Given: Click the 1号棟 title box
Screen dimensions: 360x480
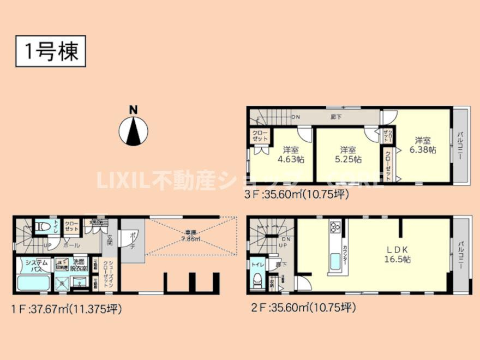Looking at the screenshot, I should pyautogui.click(x=50, y=51).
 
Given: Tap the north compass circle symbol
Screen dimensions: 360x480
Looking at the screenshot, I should pyautogui.click(x=133, y=131).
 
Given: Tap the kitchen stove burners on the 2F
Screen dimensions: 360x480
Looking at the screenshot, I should pyautogui.click(x=334, y=228).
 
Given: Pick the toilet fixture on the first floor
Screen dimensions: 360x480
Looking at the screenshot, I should pyautogui.click(x=41, y=225).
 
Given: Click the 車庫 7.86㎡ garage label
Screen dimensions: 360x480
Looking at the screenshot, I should pyautogui.click(x=191, y=236).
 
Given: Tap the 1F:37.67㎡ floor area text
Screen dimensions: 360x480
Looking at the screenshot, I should pyautogui.click(x=67, y=309).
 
